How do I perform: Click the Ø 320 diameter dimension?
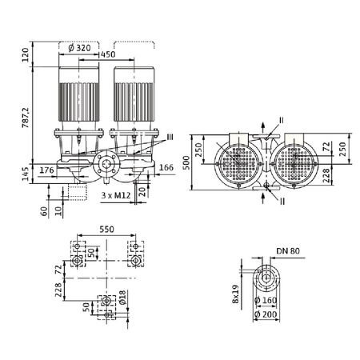83,46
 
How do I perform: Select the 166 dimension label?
166,168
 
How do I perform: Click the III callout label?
169,137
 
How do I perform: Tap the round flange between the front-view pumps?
106,167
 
